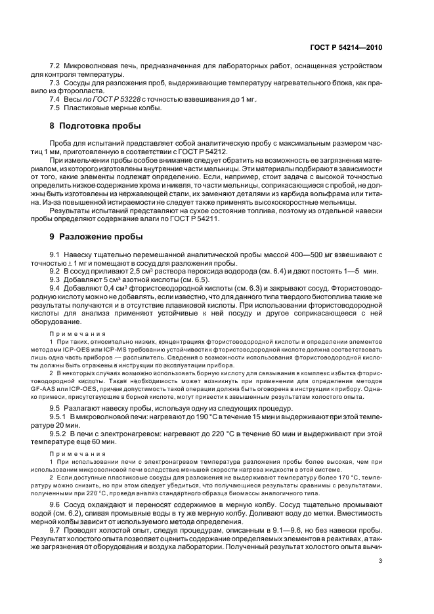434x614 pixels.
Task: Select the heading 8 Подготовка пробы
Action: click(x=98, y=125)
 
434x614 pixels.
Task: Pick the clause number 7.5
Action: click(x=58, y=107)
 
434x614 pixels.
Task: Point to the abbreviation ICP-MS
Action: click(x=100, y=342)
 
